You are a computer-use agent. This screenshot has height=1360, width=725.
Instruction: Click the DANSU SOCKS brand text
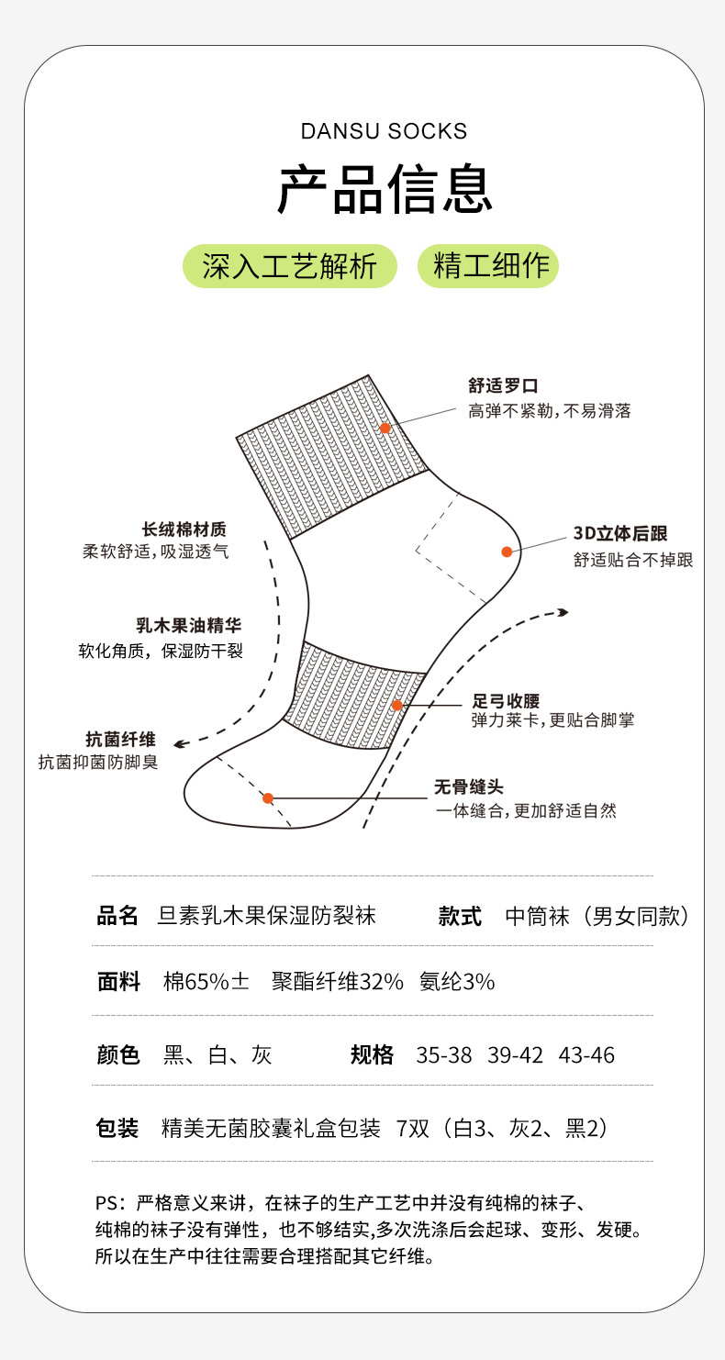pos(384,131)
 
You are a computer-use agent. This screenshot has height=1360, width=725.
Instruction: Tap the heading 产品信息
pos(385,189)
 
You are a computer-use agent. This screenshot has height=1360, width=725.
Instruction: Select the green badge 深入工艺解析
pos(289,266)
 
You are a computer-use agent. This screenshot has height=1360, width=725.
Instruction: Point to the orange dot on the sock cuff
pos(385,428)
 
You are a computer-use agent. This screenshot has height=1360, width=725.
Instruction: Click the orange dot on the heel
pos(507,552)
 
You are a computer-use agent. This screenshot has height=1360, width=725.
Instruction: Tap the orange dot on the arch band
pos(397,705)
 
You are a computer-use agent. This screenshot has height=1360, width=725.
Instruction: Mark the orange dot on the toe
pos(268,798)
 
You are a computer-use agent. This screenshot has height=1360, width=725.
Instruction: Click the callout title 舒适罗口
pos(503,386)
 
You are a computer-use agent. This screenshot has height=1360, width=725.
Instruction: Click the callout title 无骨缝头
pos(469,787)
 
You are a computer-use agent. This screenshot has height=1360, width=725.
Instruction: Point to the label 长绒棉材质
pos(184,530)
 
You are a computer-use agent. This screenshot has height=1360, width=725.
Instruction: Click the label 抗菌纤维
pos(120,740)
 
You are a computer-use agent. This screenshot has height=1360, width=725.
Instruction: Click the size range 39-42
pos(515,1054)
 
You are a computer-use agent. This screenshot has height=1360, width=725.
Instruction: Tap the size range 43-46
pos(586,1054)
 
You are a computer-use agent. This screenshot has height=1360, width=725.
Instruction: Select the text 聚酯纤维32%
pos(337,982)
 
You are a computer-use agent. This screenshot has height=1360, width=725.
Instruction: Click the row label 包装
pos(117,1128)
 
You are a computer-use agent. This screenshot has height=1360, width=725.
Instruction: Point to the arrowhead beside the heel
pos(563,612)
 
